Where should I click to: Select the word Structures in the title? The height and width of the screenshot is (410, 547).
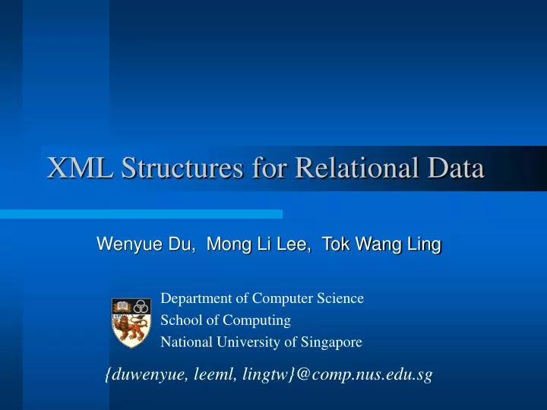[x=180, y=168]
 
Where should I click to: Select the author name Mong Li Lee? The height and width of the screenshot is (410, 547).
[x=258, y=244]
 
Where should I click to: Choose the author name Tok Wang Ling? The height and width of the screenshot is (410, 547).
[x=381, y=244]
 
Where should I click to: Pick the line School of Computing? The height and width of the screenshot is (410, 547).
[x=226, y=320]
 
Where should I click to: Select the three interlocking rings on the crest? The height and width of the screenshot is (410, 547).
[x=140, y=307]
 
